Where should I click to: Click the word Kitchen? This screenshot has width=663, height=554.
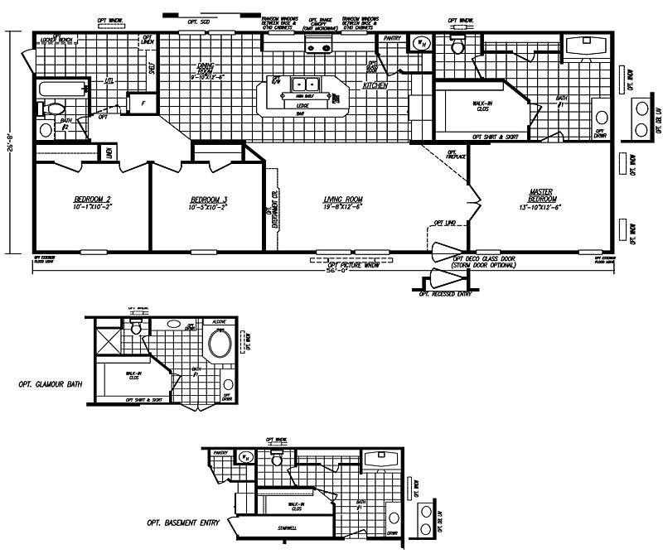pyautogui.click(x=375, y=85)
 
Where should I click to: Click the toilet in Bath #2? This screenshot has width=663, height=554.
pyautogui.click(x=54, y=108)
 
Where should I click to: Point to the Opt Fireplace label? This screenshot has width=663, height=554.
pyautogui.click(x=454, y=154)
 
